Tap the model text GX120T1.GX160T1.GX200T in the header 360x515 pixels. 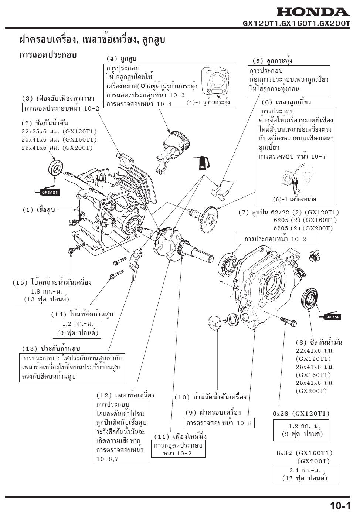[x=296, y=23]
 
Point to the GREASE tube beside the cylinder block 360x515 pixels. [x=47, y=192]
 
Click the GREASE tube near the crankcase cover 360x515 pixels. [x=330, y=316]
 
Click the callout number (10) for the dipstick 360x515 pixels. [x=181, y=397]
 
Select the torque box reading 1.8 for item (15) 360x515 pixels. [x=46, y=295]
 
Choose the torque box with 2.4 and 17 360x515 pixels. [x=306, y=474]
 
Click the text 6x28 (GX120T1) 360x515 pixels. [x=301, y=413]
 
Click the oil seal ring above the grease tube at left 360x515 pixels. [x=55, y=167]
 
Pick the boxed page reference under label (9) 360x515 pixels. [x=219, y=423]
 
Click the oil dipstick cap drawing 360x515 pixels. [x=214, y=321]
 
